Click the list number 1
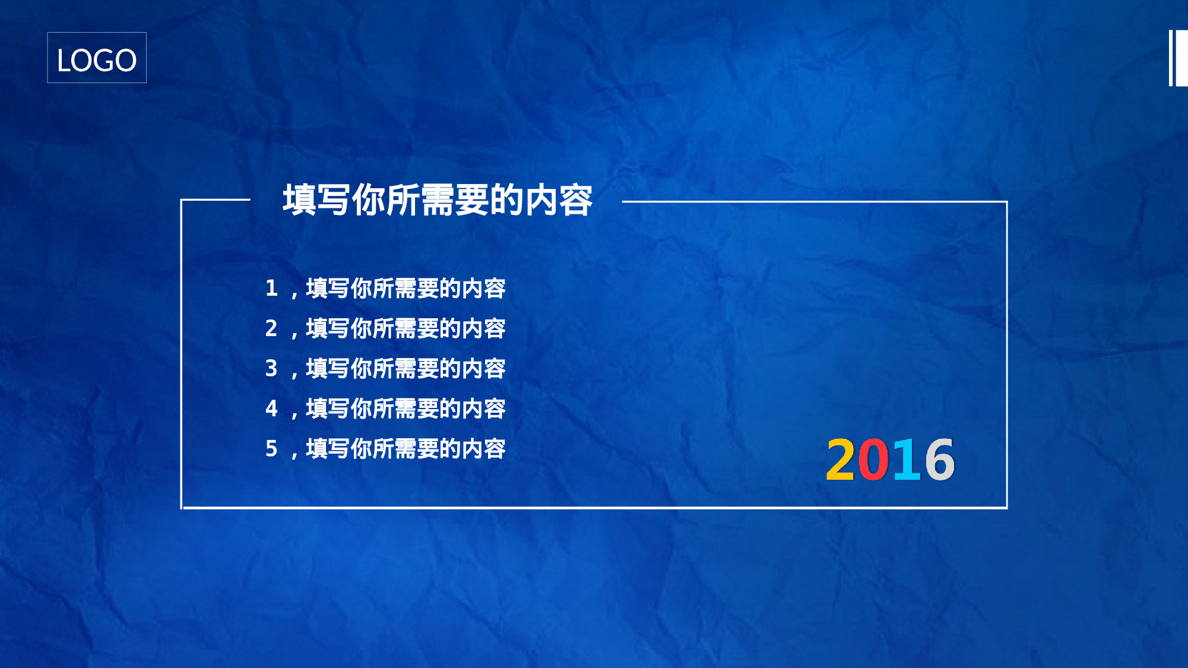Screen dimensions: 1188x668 point(271,289)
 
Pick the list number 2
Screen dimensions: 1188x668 point(271,328)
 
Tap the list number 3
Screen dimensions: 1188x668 point(271,368)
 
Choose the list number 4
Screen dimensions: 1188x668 point(271,409)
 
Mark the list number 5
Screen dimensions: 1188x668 point(271,448)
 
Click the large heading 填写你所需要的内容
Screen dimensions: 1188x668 point(438,200)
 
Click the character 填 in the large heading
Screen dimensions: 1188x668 point(299,200)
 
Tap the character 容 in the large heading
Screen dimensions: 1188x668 point(576,200)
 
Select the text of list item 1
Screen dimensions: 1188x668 point(405,289)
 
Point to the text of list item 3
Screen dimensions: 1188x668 point(405,369)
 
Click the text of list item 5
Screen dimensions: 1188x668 point(405,449)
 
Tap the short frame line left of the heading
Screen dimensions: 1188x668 point(216,200)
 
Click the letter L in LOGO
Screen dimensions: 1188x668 point(64,61)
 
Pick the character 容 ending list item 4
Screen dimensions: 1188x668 point(495,409)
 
